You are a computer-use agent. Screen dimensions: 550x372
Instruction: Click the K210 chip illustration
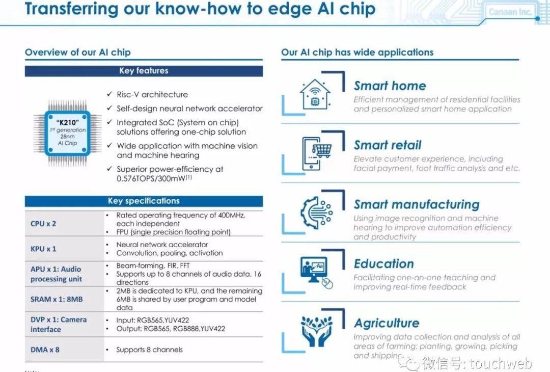[x=67, y=134]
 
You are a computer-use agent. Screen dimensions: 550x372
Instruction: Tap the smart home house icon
[x=315, y=94]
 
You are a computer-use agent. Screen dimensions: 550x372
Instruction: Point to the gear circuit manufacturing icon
[x=316, y=213]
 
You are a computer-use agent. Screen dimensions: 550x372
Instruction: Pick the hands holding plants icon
[x=317, y=331]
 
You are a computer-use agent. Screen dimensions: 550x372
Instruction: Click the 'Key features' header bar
[x=144, y=71]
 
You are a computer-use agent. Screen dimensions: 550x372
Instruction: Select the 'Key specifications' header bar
[x=144, y=201]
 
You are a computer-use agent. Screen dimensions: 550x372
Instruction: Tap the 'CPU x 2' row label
[x=43, y=224]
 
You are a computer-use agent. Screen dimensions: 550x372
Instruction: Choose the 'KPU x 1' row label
[x=43, y=249]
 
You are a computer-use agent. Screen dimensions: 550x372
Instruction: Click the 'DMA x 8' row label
[x=45, y=350]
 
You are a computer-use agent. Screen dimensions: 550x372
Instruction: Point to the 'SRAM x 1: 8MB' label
[x=57, y=299]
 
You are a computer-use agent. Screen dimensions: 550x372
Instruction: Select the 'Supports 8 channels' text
[x=149, y=350]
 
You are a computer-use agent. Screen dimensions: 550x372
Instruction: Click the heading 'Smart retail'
[x=388, y=145]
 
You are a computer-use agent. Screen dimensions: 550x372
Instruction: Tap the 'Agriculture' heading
[x=387, y=323]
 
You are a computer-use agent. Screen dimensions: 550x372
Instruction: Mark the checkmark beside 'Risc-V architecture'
[x=109, y=94]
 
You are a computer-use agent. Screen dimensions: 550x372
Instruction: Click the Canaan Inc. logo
[x=510, y=12]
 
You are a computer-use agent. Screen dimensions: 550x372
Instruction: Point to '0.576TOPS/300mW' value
[x=151, y=179]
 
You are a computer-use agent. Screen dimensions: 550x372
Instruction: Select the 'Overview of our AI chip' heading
[x=78, y=52]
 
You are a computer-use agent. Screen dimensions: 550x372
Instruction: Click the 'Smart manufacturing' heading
[x=417, y=205]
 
